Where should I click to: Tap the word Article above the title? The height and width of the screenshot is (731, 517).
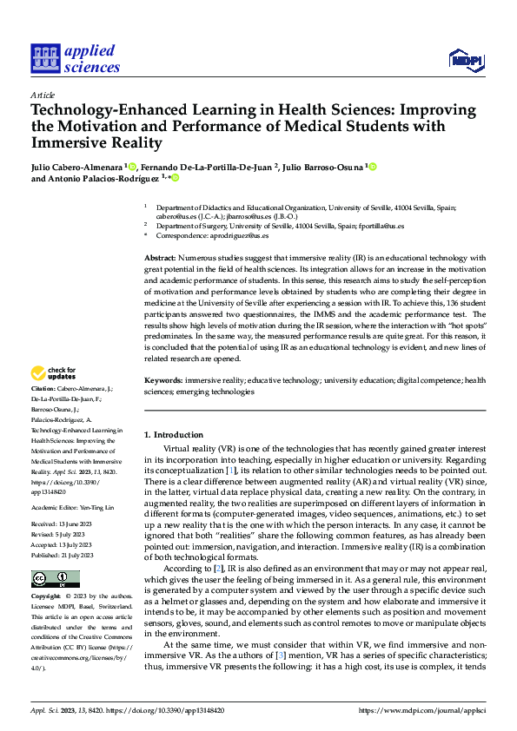point(43,95)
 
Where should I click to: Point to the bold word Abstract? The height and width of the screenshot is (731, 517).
point(159,259)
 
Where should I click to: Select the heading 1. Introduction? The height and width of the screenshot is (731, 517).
point(173,433)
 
